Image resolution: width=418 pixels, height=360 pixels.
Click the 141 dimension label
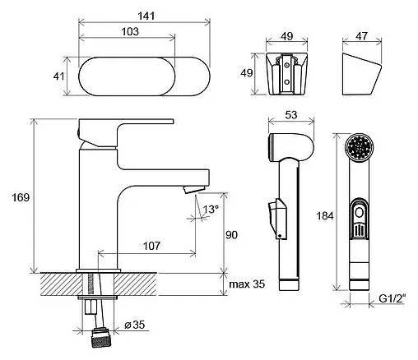click(146, 16)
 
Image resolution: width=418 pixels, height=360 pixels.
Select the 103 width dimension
click(130, 31)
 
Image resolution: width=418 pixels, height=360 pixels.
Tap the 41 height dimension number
click(58, 76)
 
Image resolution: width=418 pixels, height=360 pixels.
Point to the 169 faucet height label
click(21, 197)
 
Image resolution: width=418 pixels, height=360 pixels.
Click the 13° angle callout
click(211, 209)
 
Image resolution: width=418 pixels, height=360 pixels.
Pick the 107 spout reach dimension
click(151, 246)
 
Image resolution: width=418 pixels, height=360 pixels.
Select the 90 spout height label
click(231, 235)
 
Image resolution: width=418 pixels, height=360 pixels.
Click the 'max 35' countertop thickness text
click(247, 284)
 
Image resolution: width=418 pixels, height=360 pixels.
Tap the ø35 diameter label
click(134, 325)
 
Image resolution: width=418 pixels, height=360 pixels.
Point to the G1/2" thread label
click(392, 298)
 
